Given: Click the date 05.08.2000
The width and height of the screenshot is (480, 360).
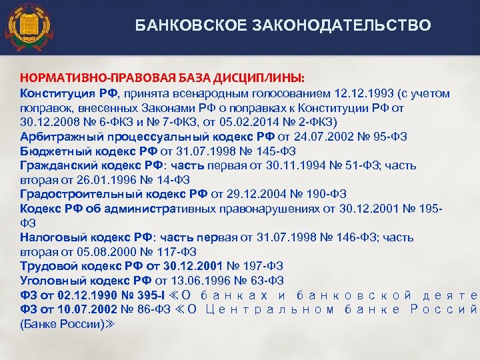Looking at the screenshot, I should [x=99, y=251].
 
